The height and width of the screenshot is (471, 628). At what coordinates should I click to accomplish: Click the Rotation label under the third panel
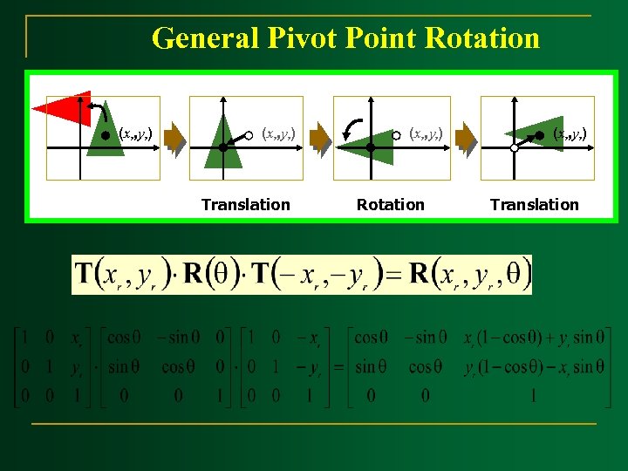point(390,205)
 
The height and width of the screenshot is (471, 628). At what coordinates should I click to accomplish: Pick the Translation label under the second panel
point(245,205)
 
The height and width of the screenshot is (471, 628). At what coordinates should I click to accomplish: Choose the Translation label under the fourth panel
point(534,205)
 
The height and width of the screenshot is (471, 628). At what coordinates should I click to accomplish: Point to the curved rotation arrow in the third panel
point(352,129)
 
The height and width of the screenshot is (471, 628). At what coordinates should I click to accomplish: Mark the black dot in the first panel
point(106,134)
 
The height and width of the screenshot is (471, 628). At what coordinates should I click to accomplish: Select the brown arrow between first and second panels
point(177,138)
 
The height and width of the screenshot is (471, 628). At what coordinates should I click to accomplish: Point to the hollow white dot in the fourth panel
point(514,148)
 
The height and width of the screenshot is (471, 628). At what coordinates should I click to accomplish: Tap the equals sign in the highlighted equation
point(393,276)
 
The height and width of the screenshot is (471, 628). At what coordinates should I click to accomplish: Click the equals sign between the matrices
point(337,366)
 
